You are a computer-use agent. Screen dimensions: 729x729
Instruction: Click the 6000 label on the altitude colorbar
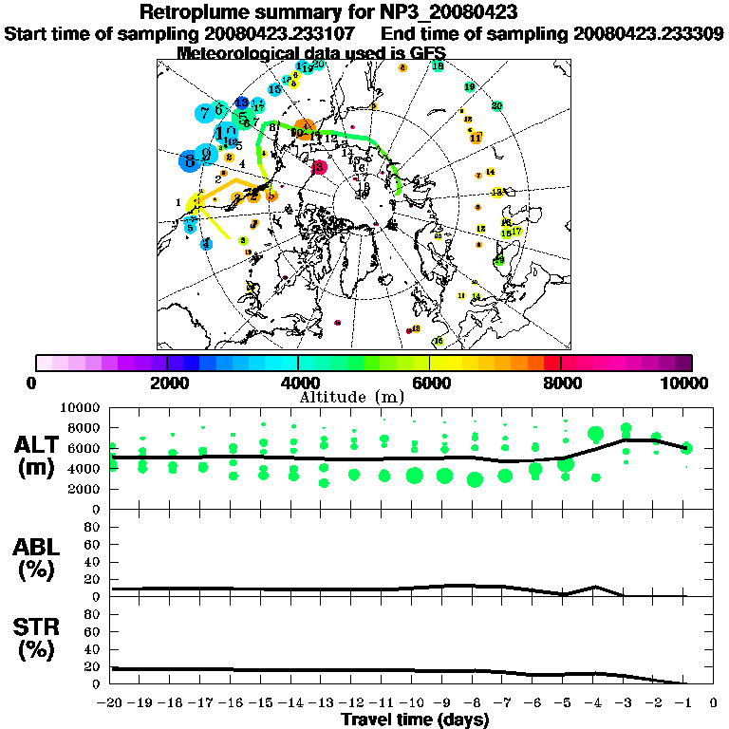(430, 383)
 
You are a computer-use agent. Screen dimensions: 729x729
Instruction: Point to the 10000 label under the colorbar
(688, 383)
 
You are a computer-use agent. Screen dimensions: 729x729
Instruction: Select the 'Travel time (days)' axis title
(415, 720)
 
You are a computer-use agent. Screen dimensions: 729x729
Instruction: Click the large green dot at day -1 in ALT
(686, 448)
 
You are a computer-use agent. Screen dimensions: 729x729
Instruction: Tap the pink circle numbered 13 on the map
(318, 167)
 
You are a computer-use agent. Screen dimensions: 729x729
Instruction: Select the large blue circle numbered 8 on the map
(191, 159)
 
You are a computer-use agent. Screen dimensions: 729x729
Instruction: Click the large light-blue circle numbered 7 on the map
(205, 112)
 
